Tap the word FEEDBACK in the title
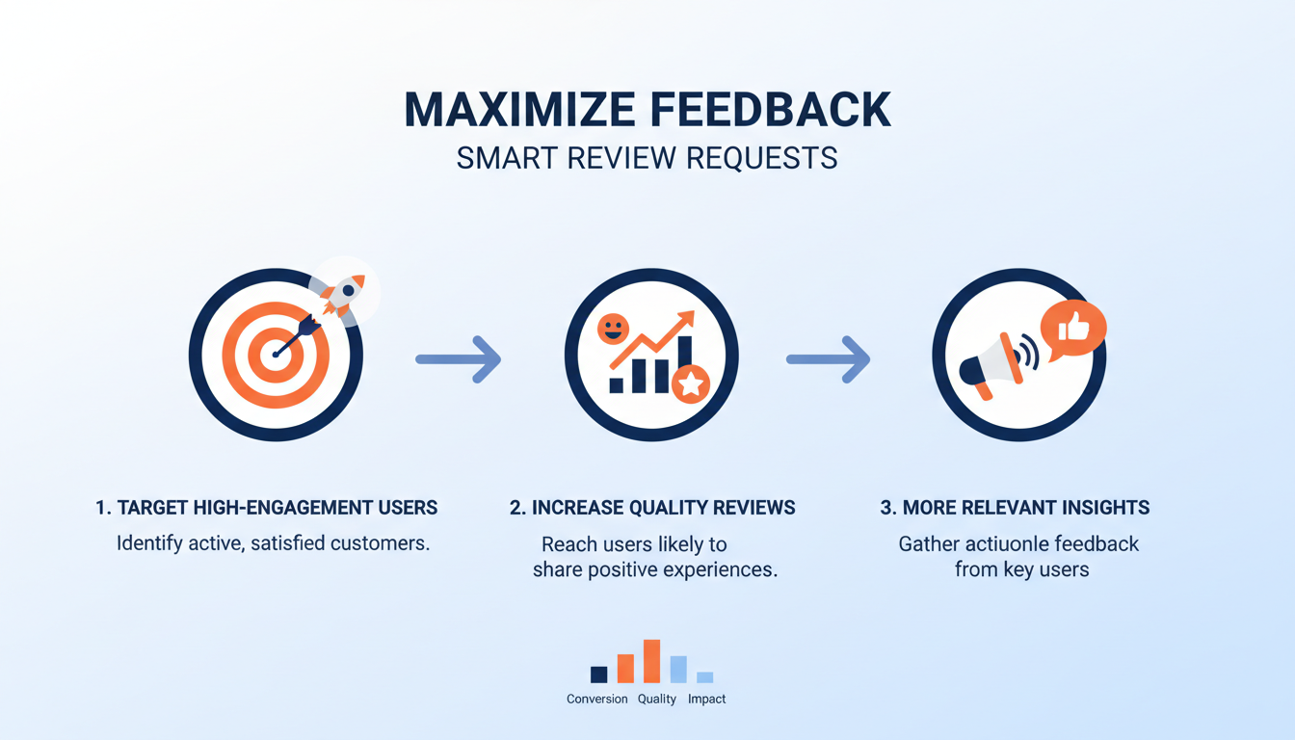pos(765,110)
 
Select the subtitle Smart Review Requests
pos(647,158)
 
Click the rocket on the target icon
pos(344,293)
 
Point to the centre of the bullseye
pos(276,355)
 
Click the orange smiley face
pos(613,329)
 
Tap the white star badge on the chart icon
pos(690,384)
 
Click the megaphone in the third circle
pos(988,364)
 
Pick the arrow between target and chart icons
pos(459,359)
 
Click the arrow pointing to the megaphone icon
pos(829,359)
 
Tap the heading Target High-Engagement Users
pos(267,508)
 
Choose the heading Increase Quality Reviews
pos(652,508)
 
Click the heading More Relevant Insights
pos(1015,508)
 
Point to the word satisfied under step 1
pos(288,543)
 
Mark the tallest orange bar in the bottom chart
pos(652,661)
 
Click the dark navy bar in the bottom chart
pos(598,674)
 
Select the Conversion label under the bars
pos(597,699)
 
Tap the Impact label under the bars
pos(706,699)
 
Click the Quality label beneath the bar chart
pos(657,699)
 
